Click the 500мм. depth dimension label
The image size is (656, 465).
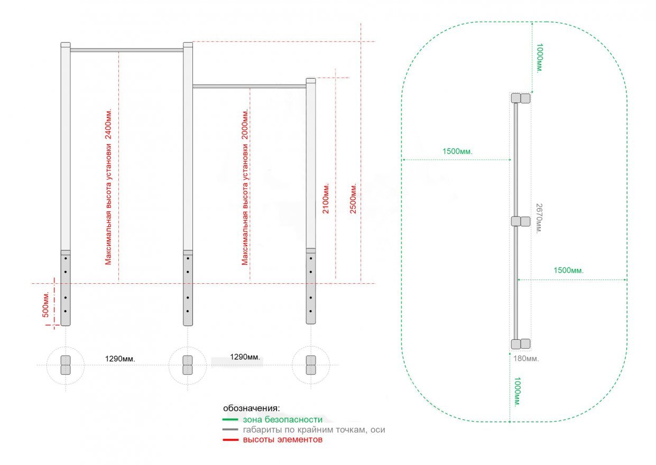(x=45, y=305)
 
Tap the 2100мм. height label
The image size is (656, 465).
(x=326, y=199)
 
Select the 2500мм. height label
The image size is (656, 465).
(x=353, y=199)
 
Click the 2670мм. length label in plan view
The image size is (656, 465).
(x=539, y=218)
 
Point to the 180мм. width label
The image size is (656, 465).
(x=526, y=359)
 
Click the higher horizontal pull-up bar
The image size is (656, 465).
(x=127, y=50)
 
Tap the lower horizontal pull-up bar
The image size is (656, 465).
(x=250, y=86)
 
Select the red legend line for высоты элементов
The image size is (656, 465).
(x=230, y=440)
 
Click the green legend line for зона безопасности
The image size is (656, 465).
(x=230, y=420)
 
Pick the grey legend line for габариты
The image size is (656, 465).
(x=230, y=430)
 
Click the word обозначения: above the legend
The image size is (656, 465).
(x=251, y=408)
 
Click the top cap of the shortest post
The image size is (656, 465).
(x=311, y=80)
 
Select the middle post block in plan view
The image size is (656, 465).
(x=521, y=221)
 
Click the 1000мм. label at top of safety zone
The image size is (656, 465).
(x=539, y=58)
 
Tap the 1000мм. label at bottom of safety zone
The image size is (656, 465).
(x=517, y=392)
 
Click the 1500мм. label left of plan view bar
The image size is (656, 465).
(x=457, y=151)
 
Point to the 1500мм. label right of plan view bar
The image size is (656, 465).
(x=568, y=270)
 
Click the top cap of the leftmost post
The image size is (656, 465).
(x=66, y=45)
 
